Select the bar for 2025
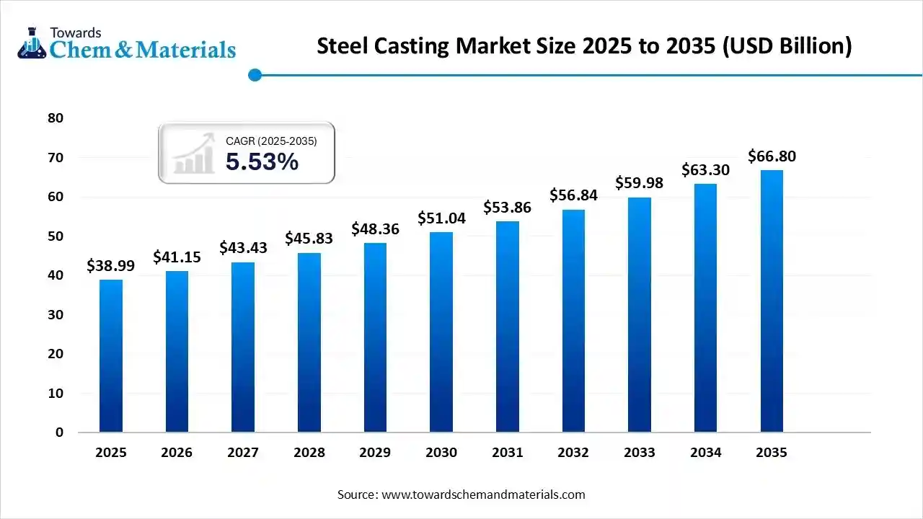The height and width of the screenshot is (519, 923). [x=111, y=356]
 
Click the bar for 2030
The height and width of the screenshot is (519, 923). [x=441, y=332]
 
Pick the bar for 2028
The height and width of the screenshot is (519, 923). [x=309, y=342]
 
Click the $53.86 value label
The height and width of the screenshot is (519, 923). [x=508, y=208]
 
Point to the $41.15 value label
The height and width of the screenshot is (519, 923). [x=177, y=257]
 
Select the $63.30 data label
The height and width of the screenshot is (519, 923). [x=705, y=170]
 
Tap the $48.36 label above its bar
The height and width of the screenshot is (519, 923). [x=375, y=229]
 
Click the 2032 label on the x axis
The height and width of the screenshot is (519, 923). [x=573, y=453]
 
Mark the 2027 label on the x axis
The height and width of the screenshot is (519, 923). [x=243, y=453]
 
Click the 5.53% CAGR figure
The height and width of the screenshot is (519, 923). [x=262, y=162]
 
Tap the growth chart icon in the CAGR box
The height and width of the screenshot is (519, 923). [x=194, y=153]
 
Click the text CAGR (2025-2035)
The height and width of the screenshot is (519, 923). [x=271, y=141]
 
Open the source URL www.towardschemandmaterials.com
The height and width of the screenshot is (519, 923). [x=482, y=494]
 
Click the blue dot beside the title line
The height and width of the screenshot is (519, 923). [x=254, y=74]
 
